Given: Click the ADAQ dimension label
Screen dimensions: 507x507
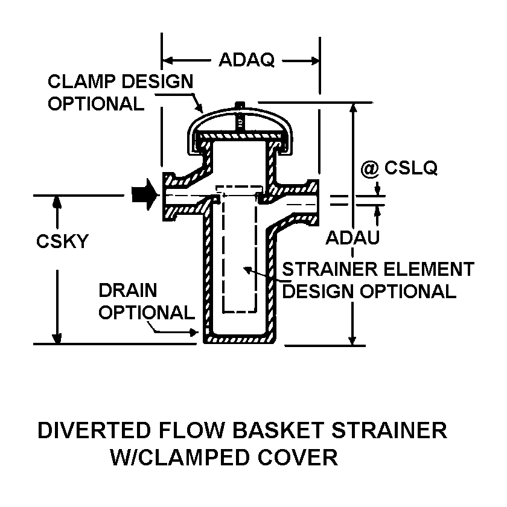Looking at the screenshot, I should (246, 60).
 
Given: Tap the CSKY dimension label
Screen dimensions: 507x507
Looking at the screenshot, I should (62, 241).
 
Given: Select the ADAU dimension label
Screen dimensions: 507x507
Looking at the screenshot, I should (352, 238).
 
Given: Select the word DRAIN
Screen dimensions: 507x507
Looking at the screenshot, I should (127, 290).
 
